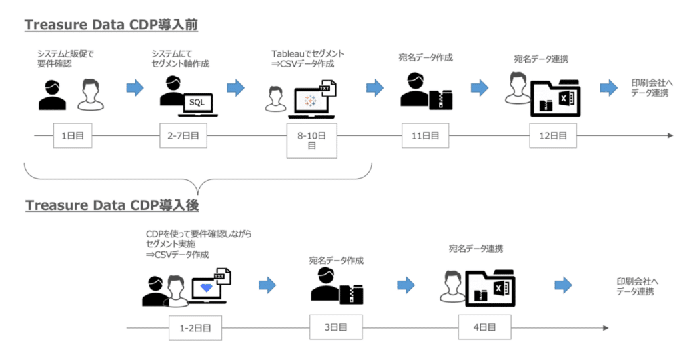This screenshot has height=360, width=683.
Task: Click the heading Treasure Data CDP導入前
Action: pyautogui.click(x=111, y=25)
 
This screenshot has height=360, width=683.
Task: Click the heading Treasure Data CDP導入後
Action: pyautogui.click(x=112, y=205)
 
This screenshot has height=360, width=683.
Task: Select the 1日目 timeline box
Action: pyautogui.click(x=73, y=135)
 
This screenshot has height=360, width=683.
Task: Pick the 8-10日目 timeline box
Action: pyautogui.click(x=311, y=140)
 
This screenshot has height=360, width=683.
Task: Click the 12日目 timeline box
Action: pyautogui.click(x=553, y=135)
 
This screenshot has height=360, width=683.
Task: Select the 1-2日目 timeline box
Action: pyautogui.click(x=195, y=327)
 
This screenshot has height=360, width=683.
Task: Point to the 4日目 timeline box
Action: pyautogui.click(x=484, y=327)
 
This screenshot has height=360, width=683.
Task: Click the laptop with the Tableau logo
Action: pyautogui.click(x=310, y=102)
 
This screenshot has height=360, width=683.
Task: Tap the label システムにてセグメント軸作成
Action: pyautogui.click(x=181, y=59)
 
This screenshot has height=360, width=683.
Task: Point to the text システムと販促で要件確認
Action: pyautogui.click(x=66, y=59)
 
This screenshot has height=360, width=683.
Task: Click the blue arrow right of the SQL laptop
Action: pyautogui.click(x=235, y=88)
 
